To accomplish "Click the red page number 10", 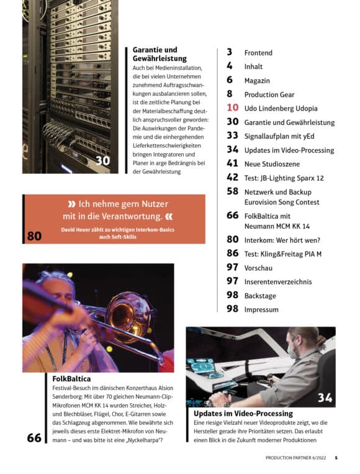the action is pyautogui.click(x=233, y=107).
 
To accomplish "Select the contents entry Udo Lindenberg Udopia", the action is pyautogui.click(x=281, y=108).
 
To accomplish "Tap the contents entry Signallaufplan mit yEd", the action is pyautogui.click(x=279, y=136).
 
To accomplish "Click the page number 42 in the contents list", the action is pyautogui.click(x=233, y=178).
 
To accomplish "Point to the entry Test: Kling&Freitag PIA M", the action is pyautogui.click(x=283, y=254).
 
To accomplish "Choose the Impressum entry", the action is pyautogui.click(x=261, y=309).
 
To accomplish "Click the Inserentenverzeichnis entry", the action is pyautogui.click(x=278, y=282).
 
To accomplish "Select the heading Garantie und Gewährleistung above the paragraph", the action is pyautogui.click(x=160, y=54).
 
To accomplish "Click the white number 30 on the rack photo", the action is pyautogui.click(x=102, y=161).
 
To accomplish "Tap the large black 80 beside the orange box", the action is pyautogui.click(x=34, y=236).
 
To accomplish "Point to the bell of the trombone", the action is pyautogui.click(x=128, y=315).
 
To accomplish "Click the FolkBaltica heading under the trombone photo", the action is pyautogui.click(x=71, y=379).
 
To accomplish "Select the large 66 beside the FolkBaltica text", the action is pyautogui.click(x=34, y=438).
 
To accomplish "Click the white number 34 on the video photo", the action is pyautogui.click(x=325, y=398).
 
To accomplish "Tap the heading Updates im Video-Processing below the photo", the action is pyautogui.click(x=243, y=413).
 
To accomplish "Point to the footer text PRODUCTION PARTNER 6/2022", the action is pyautogui.click(x=295, y=458).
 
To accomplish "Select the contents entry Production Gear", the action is pyautogui.click(x=269, y=94).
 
